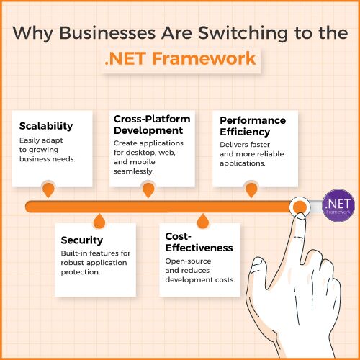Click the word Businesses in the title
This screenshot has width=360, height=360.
tap(107, 32)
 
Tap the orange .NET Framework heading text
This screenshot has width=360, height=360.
tap(180, 58)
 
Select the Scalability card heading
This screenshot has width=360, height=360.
tap(46, 126)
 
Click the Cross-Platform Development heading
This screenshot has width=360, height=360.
tap(152, 125)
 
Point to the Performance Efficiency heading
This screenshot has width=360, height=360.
tap(253, 126)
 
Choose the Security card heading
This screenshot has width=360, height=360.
tap(82, 240)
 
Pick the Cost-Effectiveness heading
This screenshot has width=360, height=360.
tap(199, 242)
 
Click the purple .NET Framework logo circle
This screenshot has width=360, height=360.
tap(338, 205)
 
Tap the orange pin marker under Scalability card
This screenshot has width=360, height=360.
tap(48, 189)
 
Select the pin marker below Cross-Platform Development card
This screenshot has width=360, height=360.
tap(148, 189)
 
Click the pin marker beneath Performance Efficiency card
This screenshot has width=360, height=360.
tap(251, 189)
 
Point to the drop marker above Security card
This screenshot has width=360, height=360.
tap(99, 221)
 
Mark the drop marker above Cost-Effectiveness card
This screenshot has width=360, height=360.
tap(203, 221)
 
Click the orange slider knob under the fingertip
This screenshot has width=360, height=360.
tap(300, 207)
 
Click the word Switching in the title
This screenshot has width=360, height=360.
tap(243, 33)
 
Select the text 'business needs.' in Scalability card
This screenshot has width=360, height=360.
tap(48, 159)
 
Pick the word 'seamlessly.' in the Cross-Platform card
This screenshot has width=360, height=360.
tap(134, 171)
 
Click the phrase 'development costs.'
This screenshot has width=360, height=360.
tap(200, 280)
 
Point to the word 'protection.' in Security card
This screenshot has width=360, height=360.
tap(81, 272)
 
